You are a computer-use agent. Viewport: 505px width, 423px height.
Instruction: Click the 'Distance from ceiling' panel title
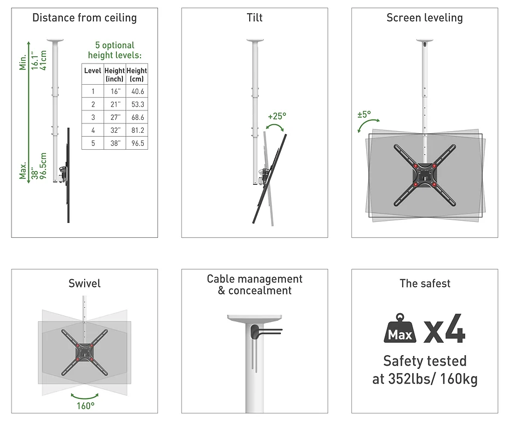[x=84, y=17]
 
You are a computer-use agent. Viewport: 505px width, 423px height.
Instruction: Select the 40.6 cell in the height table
[x=138, y=91]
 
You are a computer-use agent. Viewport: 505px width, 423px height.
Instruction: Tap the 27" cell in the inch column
[x=115, y=117]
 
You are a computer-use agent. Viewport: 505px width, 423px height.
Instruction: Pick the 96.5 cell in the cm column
[x=138, y=143]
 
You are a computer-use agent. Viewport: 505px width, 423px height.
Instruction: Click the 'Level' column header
[x=93, y=70]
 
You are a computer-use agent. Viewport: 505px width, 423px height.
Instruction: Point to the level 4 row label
[x=93, y=130]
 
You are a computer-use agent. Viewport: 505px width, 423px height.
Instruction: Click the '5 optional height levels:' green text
[x=115, y=50]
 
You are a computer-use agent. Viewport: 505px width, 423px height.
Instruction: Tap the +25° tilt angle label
[x=277, y=116]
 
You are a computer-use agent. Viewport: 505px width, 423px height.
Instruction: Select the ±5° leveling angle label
[x=364, y=114]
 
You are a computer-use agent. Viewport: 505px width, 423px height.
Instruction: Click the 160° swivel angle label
[x=86, y=406]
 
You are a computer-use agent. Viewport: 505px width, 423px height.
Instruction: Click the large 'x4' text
[x=444, y=328]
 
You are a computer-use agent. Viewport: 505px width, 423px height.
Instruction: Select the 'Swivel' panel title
[x=84, y=284]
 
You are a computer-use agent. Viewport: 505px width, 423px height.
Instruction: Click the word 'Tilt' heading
[x=255, y=17]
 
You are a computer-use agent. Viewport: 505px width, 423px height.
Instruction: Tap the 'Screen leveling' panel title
[x=425, y=17]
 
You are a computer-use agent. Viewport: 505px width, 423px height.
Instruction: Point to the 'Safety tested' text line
[x=425, y=361]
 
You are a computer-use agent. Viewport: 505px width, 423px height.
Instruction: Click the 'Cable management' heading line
[x=255, y=279]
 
